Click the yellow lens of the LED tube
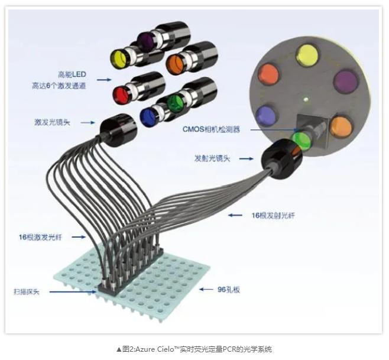tap(118, 59)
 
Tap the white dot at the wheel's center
tap(306, 99)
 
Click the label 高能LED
tap(72, 74)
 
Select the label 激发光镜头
tap(53, 122)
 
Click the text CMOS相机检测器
tap(211, 129)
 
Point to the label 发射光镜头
tap(212, 158)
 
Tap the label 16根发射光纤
tap(273, 215)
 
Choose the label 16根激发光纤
tap(40, 238)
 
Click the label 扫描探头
tap(27, 292)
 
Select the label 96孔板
tap(228, 290)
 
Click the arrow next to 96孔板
tap(206, 289)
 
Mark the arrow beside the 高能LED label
tap(104, 80)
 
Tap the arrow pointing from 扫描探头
tap(73, 292)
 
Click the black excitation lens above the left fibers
tap(118, 130)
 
